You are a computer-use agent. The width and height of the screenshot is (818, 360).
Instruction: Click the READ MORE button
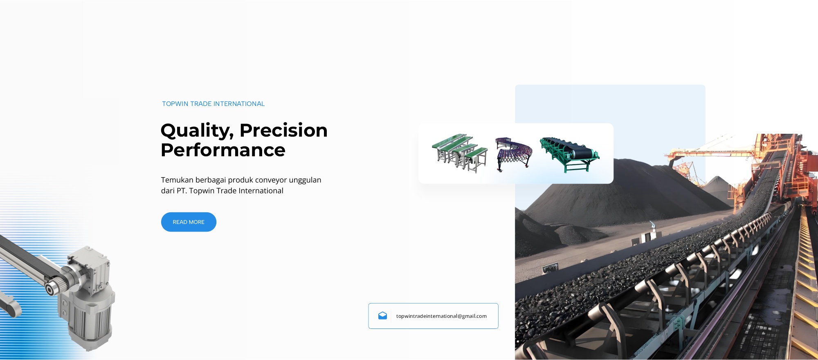189,222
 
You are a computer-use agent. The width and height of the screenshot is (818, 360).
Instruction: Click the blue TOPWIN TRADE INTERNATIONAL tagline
213,104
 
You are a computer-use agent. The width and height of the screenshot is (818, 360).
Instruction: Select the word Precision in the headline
283,130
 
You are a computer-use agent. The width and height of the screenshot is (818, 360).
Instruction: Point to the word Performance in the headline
223,150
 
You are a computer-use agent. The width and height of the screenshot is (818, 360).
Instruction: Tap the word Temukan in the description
177,180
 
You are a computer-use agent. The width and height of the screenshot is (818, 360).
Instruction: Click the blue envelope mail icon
382,315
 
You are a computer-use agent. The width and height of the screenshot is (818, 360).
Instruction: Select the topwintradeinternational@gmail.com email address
441,316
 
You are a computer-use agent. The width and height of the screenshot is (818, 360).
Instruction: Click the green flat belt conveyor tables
460,152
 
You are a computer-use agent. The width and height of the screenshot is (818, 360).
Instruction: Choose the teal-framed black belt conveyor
569,154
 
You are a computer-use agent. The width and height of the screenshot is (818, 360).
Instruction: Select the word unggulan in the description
305,180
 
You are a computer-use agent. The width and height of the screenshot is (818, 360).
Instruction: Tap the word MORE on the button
196,222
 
